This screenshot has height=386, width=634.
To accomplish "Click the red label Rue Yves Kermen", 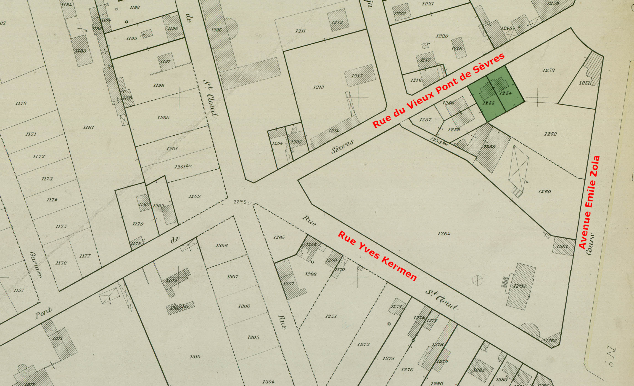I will pyautogui.click(x=377, y=256).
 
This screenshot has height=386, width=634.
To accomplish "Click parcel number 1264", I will pyautogui.click(x=444, y=234).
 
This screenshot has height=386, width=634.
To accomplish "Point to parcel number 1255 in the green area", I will pyautogui.click(x=488, y=103).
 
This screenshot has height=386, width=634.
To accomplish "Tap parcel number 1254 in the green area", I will pyautogui.click(x=506, y=93).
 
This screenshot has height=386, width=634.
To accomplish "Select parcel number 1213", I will pyautogui.click(x=319, y=87).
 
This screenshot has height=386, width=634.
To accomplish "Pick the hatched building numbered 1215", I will pyautogui.click(x=357, y=76).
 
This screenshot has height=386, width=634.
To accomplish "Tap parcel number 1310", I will pyautogui.click(x=195, y=357).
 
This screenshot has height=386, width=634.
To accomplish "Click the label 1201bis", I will pyautogui.click(x=183, y=166).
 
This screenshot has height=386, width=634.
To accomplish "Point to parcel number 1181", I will pyautogui.click(x=89, y=127).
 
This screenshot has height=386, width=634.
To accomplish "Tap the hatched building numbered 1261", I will pyautogui.click(x=562, y=247).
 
